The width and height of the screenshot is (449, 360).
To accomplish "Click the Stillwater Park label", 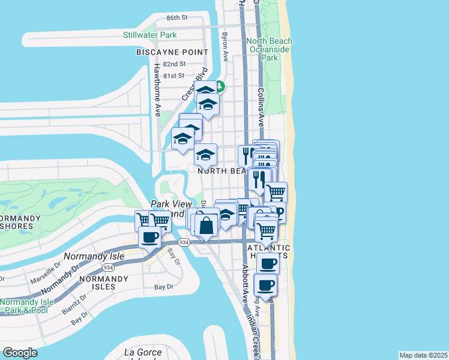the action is click(150, 35).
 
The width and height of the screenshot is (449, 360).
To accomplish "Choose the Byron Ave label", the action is click(225, 47).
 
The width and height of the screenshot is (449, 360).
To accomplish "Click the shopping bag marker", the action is click(206, 226).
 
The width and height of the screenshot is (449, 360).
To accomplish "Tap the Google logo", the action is click(20, 353).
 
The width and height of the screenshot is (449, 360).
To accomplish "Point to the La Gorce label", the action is click(143, 352).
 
